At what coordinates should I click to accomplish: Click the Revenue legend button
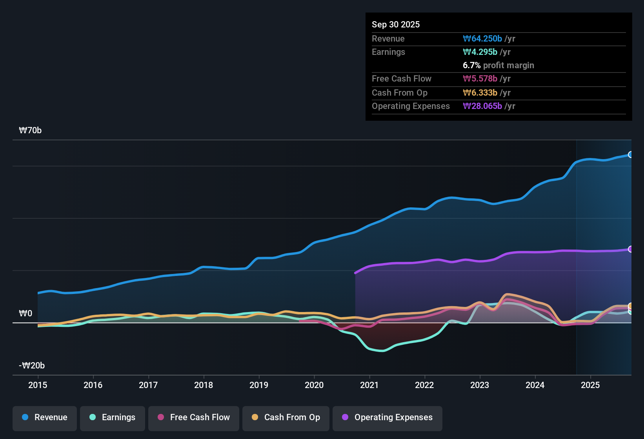pyautogui.click(x=45, y=417)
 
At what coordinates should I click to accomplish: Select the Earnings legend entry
pyautogui.click(x=113, y=417)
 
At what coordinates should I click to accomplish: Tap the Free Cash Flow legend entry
pyautogui.click(x=194, y=417)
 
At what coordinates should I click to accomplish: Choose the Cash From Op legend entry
pyautogui.click(x=286, y=417)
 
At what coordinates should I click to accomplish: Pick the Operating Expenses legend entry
pyautogui.click(x=387, y=417)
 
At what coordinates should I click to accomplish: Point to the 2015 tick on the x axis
pyautogui.click(x=38, y=385)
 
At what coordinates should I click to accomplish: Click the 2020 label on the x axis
pyautogui.click(x=314, y=385)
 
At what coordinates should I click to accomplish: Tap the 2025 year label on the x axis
pyautogui.click(x=590, y=385)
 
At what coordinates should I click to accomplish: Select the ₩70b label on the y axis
pyautogui.click(x=30, y=131)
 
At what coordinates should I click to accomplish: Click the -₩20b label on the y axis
pyautogui.click(x=32, y=366)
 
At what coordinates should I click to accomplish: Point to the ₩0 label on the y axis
pyautogui.click(x=25, y=314)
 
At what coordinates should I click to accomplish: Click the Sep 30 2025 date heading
pyautogui.click(x=396, y=24)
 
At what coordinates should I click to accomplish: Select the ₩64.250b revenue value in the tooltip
pyautogui.click(x=482, y=38)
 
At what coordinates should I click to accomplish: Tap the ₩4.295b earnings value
pyautogui.click(x=480, y=52)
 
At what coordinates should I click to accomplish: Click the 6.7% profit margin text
pyautogui.click(x=498, y=65)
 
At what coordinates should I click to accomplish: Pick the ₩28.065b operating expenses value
pyautogui.click(x=482, y=106)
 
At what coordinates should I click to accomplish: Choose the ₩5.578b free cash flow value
pyautogui.click(x=480, y=78)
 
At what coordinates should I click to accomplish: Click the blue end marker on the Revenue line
pyautogui.click(x=630, y=154)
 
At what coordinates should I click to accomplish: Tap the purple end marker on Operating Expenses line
pyautogui.click(x=630, y=249)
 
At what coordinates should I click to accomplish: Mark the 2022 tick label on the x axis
pyautogui.click(x=424, y=385)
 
